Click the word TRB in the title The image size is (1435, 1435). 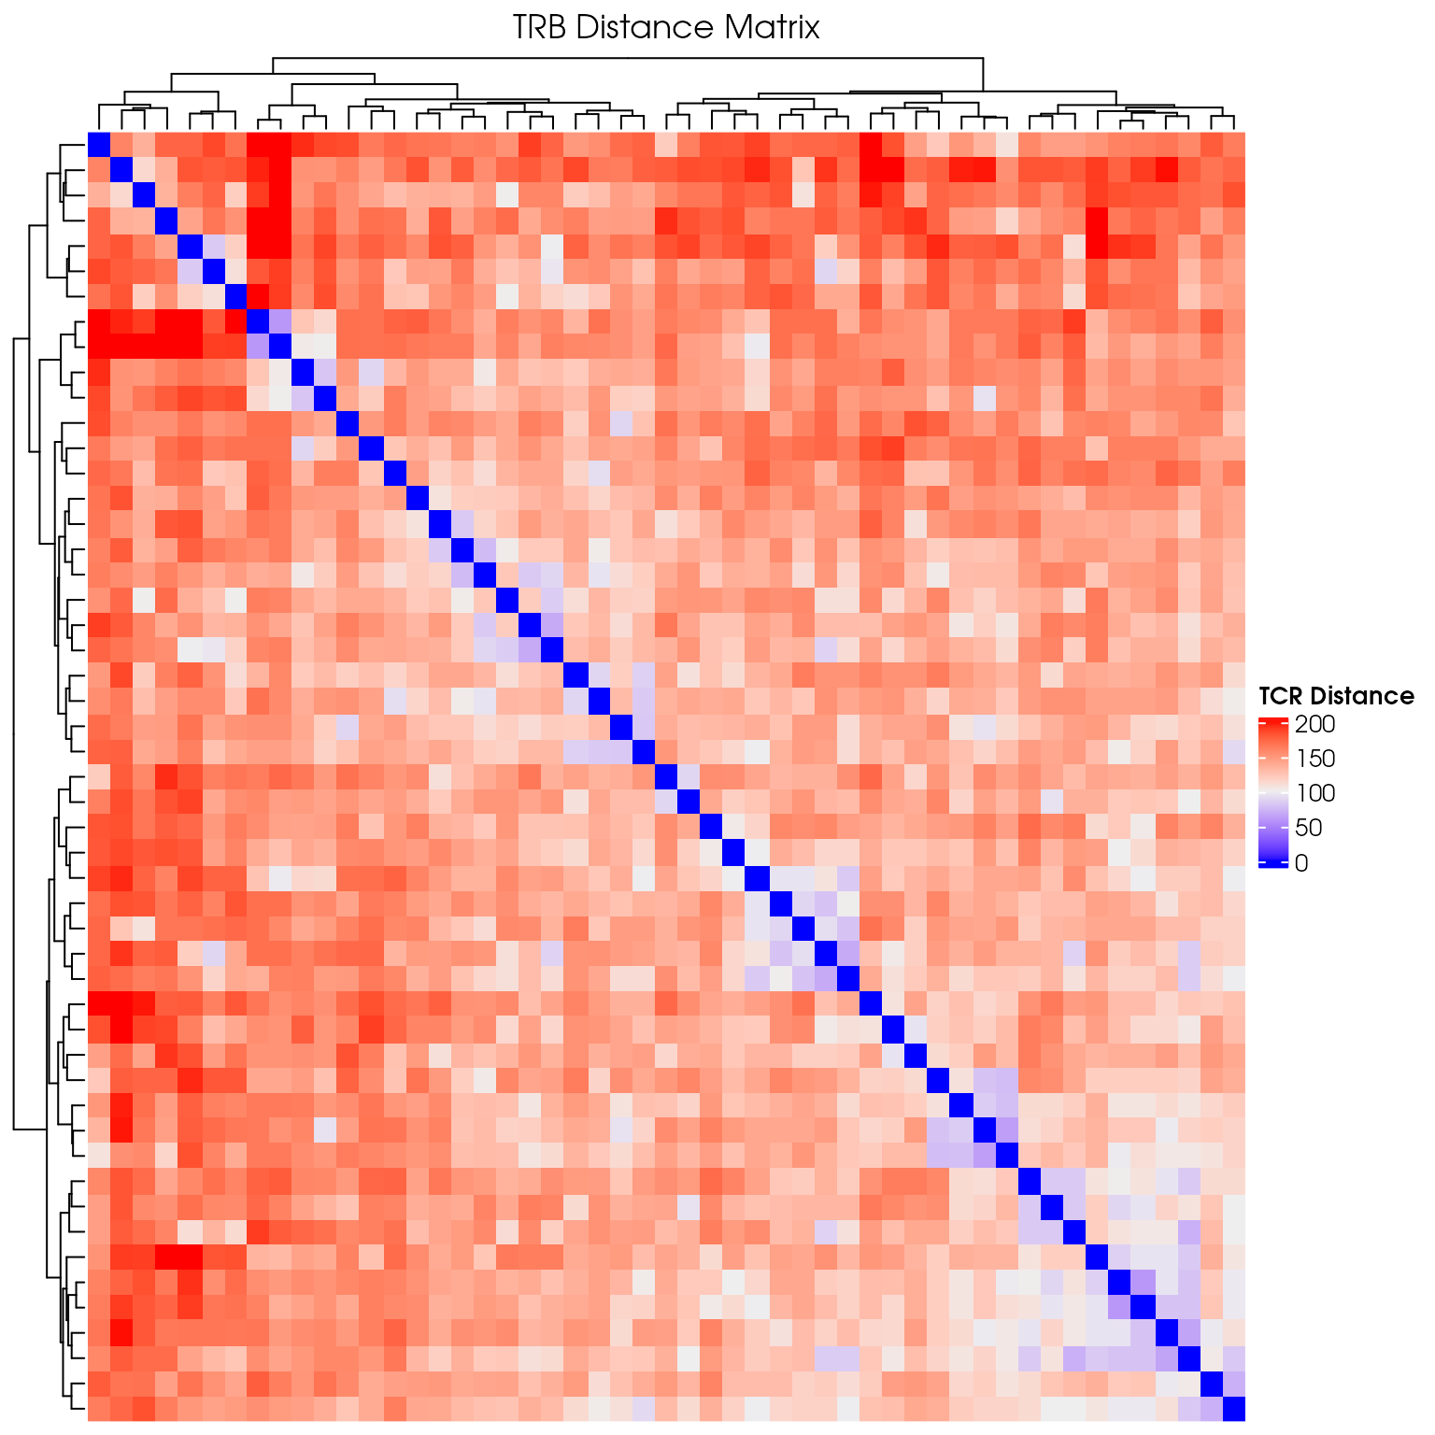(x=539, y=28)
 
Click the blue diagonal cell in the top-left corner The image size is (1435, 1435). (x=99, y=144)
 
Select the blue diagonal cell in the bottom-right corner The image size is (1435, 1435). (x=1233, y=1408)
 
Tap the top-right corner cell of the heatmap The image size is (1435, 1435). (x=1233, y=144)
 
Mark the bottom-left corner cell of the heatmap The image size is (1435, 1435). (x=99, y=1408)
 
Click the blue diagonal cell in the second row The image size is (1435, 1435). (x=121, y=169)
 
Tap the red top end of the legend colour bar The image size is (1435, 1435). (x=1272, y=722)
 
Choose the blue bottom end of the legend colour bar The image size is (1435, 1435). (x=1272, y=864)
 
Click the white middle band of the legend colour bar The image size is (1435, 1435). (x=1272, y=793)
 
